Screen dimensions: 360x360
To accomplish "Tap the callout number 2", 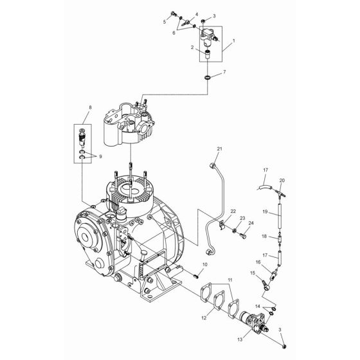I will point(192,48).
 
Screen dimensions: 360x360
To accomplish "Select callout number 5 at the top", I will point(164,22).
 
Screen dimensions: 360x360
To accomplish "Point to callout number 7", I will point(224,73).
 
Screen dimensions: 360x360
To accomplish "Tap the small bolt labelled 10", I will point(157,276).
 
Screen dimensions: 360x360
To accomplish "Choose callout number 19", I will point(264,211).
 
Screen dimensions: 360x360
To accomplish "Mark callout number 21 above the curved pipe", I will point(201,149).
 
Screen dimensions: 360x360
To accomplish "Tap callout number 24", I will point(251,223).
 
